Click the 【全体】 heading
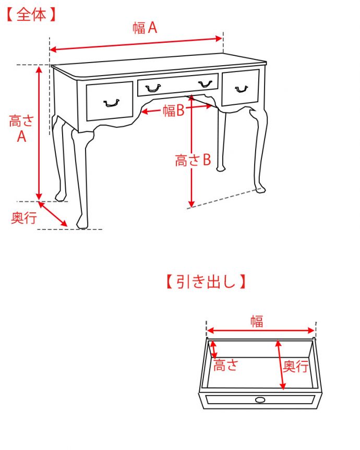[31, 15]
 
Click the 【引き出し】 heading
[206, 282]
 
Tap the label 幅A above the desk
[145, 28]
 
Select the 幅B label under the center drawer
[174, 111]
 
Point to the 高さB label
[193, 161]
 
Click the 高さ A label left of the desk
[21, 129]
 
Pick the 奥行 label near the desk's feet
[24, 218]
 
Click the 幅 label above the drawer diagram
[256, 321]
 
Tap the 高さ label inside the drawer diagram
[226, 366]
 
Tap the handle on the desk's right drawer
[241, 89]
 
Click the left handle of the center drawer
[153, 88]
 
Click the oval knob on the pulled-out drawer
[259, 400]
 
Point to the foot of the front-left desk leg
[81, 224]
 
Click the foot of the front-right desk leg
[259, 189]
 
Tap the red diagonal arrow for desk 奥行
[53, 214]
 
